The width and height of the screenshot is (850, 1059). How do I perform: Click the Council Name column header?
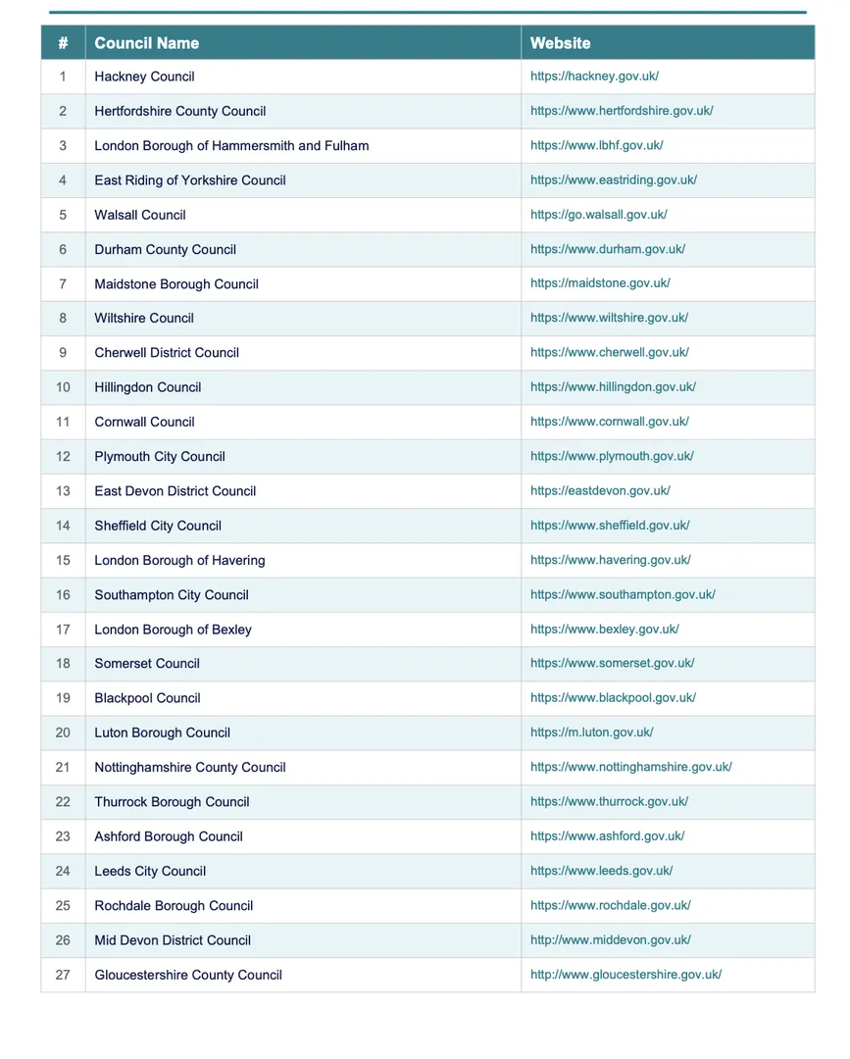pyautogui.click(x=146, y=43)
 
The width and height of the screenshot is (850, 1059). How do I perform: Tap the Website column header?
pyautogui.click(x=560, y=43)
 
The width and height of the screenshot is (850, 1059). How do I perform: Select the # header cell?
pyautogui.click(x=63, y=43)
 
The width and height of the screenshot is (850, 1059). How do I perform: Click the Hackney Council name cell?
pyautogui.click(x=144, y=76)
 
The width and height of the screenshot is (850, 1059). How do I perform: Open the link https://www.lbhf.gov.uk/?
pyautogui.click(x=596, y=145)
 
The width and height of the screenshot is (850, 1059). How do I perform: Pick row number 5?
pyautogui.click(x=63, y=215)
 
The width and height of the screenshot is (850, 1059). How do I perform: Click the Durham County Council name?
pyautogui.click(x=165, y=249)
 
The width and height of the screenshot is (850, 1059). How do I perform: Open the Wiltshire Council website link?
pyautogui.click(x=609, y=318)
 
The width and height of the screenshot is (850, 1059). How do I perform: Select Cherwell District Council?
pyautogui.click(x=167, y=353)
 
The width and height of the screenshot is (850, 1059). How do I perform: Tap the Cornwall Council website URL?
pyautogui.click(x=609, y=422)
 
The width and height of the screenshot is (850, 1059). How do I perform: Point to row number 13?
pyautogui.click(x=63, y=491)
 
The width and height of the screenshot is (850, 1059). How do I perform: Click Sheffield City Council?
pyautogui.click(x=158, y=526)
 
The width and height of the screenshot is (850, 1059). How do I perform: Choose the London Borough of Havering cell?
pyautogui.click(x=179, y=561)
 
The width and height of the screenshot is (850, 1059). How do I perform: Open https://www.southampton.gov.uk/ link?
pyautogui.click(x=623, y=594)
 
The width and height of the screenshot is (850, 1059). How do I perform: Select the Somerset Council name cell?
pyautogui.click(x=147, y=664)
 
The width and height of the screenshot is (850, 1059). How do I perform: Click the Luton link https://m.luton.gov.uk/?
pyautogui.click(x=591, y=732)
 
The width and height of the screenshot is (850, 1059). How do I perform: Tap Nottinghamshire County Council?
pyautogui.click(x=190, y=768)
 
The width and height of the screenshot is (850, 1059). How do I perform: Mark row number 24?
pyautogui.click(x=63, y=871)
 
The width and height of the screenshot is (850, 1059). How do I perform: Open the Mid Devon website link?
pyautogui.click(x=610, y=940)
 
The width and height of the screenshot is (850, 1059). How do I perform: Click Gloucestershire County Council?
pyautogui.click(x=188, y=975)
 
